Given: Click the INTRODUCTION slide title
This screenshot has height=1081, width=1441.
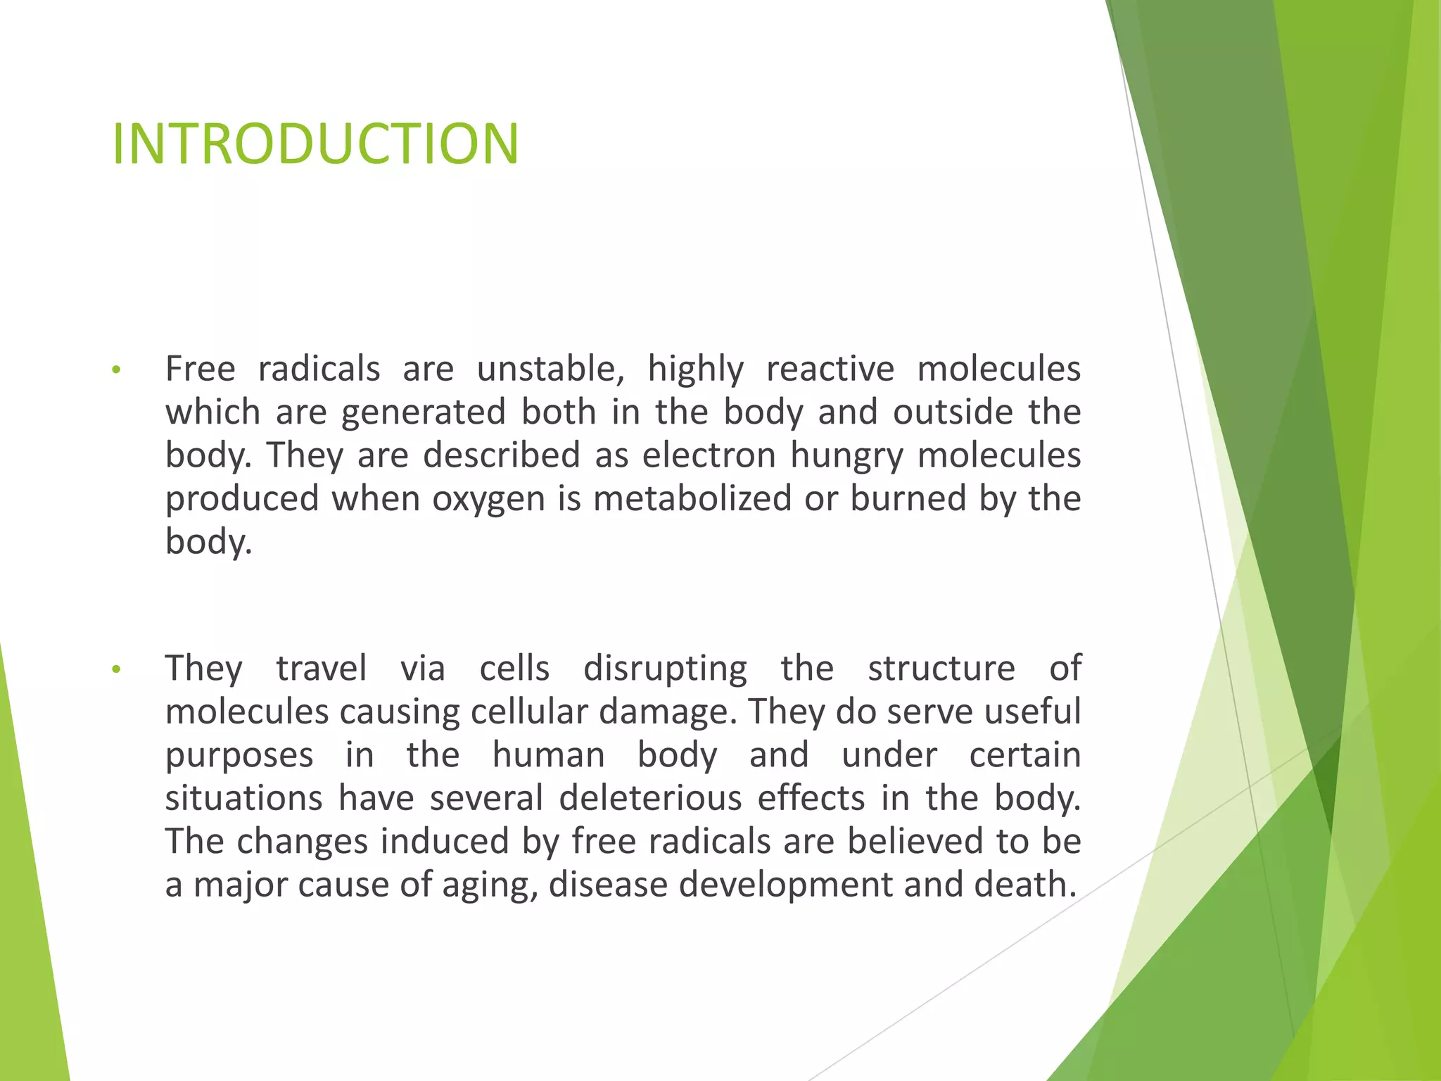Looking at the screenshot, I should pos(315,144).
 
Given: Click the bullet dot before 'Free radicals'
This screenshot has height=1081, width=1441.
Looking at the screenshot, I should pos(117,370).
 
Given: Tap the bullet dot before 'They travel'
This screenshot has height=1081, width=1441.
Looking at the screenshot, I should pos(117,669).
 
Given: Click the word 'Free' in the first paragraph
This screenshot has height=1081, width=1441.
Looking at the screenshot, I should pos(200,369).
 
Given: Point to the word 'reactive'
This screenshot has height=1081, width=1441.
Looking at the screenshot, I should pos(830,369).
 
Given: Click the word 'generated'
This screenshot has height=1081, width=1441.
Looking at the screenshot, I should pos(424,412).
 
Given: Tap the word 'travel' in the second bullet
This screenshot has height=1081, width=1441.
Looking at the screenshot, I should pos(321,668).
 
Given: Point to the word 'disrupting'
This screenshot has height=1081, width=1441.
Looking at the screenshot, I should pos(665,669).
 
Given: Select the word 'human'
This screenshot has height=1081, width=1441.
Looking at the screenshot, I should pos(548,755).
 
